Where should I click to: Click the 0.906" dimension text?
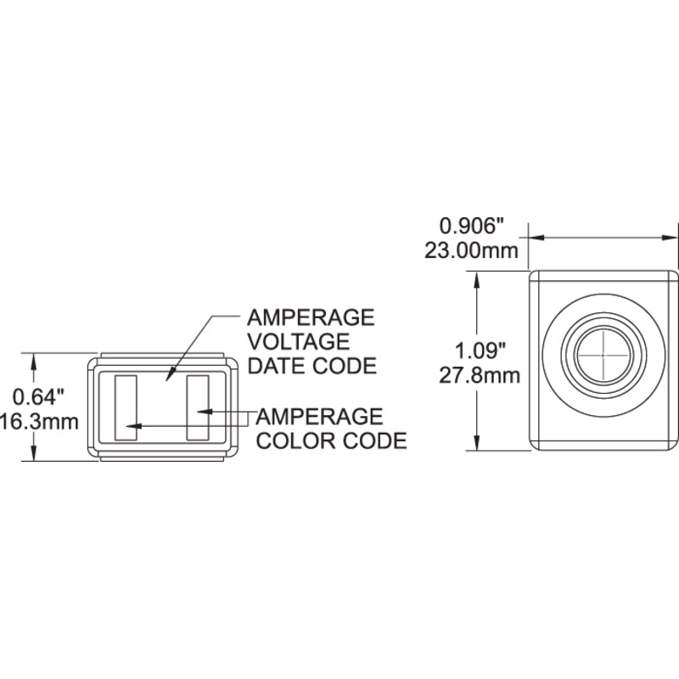click(x=473, y=226)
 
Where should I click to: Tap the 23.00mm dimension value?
click(x=471, y=250)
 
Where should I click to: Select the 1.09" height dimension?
click(x=480, y=351)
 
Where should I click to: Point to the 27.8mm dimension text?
click(x=480, y=375)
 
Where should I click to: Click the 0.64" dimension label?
click(x=38, y=396)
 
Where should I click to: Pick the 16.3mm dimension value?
click(x=39, y=421)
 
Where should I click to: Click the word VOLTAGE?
click(x=299, y=342)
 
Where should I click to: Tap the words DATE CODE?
click(x=311, y=366)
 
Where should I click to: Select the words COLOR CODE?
click(x=332, y=441)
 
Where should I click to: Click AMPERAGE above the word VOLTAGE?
click(x=311, y=317)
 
